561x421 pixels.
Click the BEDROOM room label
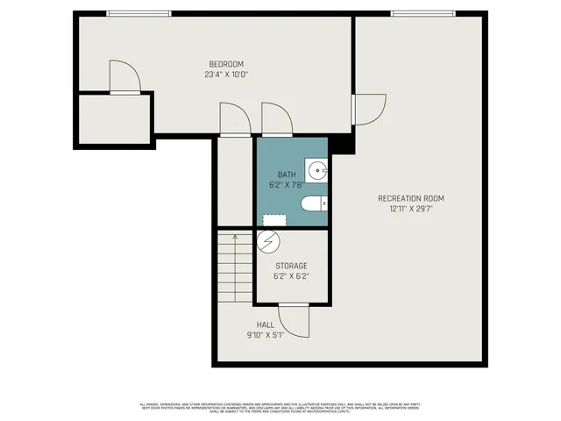(x=225, y=63)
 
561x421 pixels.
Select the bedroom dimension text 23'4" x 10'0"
(x=225, y=75)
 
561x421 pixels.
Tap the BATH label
(x=287, y=175)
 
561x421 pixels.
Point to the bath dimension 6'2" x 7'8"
(x=286, y=186)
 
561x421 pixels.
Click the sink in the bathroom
(x=317, y=169)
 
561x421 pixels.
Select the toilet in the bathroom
(x=313, y=204)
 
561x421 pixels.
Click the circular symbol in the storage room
(x=269, y=239)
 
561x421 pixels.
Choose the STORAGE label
(x=291, y=266)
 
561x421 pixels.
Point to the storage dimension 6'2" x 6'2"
(x=291, y=277)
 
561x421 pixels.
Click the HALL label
(x=266, y=325)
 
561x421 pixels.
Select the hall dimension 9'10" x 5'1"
(x=266, y=335)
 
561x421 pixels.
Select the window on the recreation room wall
(x=423, y=13)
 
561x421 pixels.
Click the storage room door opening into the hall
(x=295, y=321)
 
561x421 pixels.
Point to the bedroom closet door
(x=124, y=77)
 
